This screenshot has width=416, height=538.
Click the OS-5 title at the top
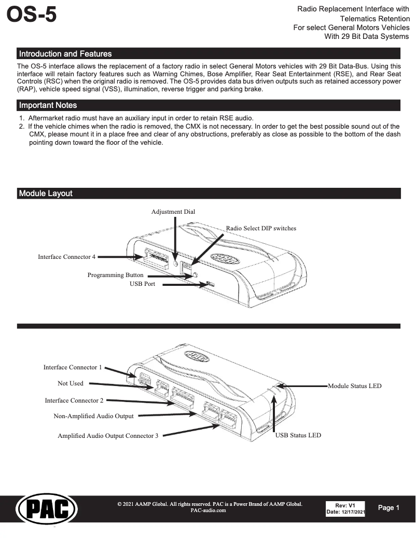31,15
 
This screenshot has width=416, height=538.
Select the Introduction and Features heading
65,53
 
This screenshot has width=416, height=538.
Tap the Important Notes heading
48,105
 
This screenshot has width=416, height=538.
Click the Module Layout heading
46,194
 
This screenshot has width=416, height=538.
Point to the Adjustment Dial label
173,212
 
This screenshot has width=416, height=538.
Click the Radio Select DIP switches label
261,228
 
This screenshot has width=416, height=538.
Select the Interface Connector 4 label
66,257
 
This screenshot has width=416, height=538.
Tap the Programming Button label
115,275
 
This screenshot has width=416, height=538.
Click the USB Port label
142,284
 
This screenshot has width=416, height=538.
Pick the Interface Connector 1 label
73,367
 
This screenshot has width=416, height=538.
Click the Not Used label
70,383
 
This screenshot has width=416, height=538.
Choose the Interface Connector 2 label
74,401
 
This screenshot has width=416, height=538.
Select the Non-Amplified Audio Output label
93,416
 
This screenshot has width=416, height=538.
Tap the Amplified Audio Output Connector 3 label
108,436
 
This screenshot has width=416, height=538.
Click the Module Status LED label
355,386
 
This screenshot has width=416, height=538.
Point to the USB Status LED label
298,435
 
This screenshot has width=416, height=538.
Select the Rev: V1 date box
345,509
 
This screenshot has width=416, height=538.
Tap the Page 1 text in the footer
389,508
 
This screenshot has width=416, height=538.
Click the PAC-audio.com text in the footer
208,511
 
